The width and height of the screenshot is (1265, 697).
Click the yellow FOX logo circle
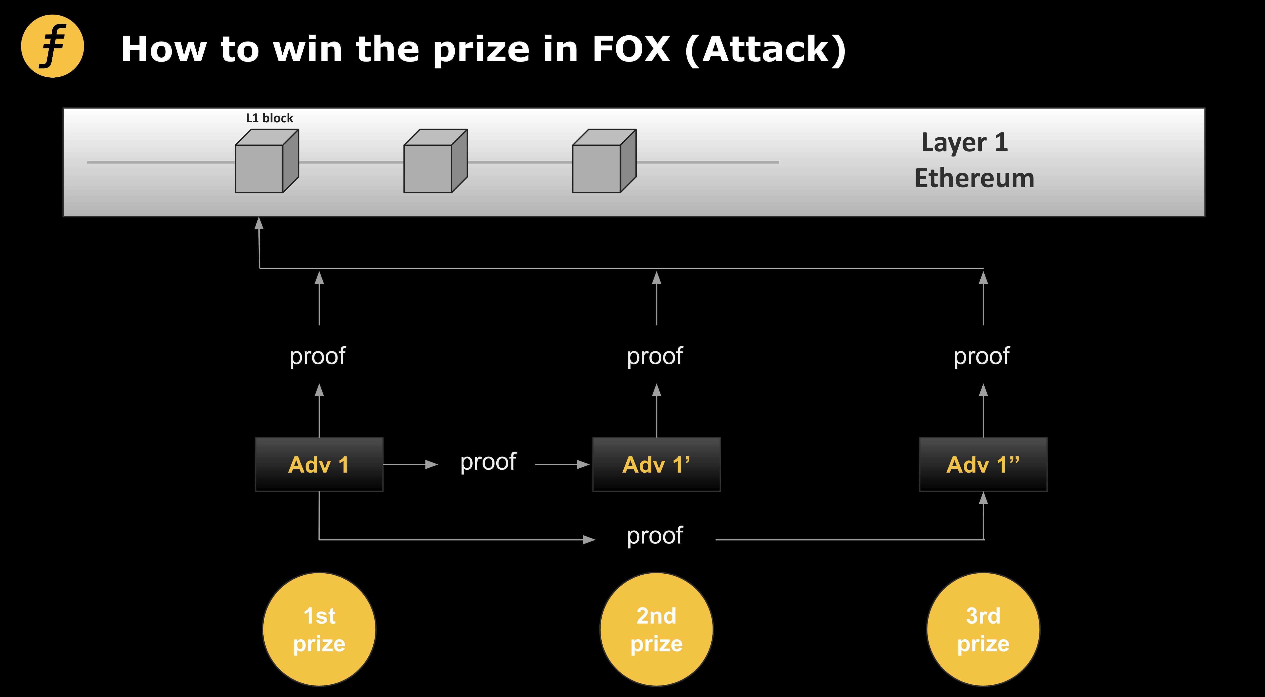click(x=53, y=46)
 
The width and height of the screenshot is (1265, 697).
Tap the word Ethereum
click(x=974, y=178)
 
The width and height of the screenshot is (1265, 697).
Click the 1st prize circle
click(x=319, y=629)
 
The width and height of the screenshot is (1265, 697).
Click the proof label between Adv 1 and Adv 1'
click(x=488, y=462)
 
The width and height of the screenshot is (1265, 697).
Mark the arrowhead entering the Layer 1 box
click(x=259, y=223)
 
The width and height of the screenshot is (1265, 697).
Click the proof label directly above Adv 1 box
click(x=318, y=356)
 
